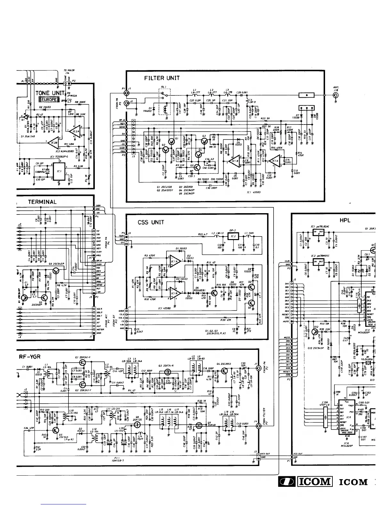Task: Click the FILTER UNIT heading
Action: click(x=162, y=78)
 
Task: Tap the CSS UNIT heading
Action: click(x=151, y=222)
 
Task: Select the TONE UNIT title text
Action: click(x=47, y=93)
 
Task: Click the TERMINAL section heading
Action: click(x=42, y=202)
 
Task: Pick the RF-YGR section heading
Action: click(x=29, y=356)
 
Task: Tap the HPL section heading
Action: click(x=345, y=220)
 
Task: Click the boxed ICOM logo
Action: click(x=314, y=481)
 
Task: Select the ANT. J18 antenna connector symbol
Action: click(x=336, y=95)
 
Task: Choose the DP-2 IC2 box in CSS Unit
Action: click(x=233, y=236)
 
